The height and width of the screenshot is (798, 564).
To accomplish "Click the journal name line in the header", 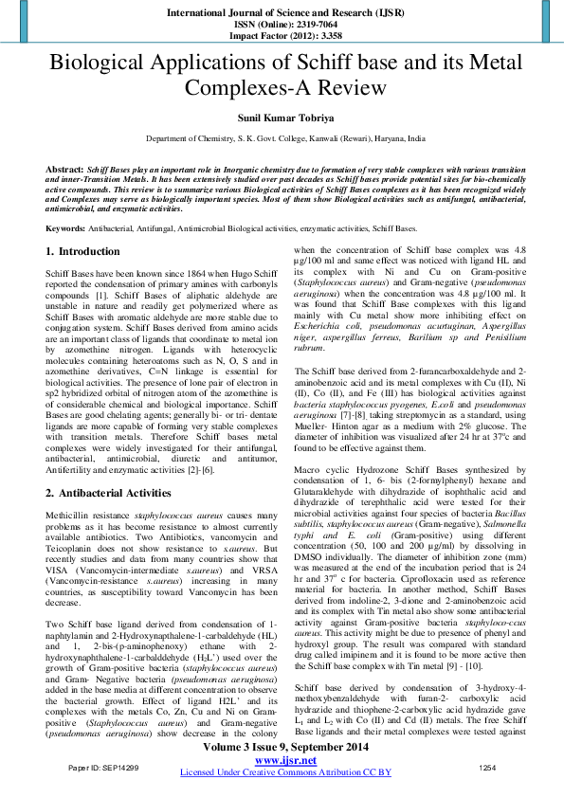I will [x=282, y=13].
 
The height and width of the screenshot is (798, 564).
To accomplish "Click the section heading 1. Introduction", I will [x=83, y=252].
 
